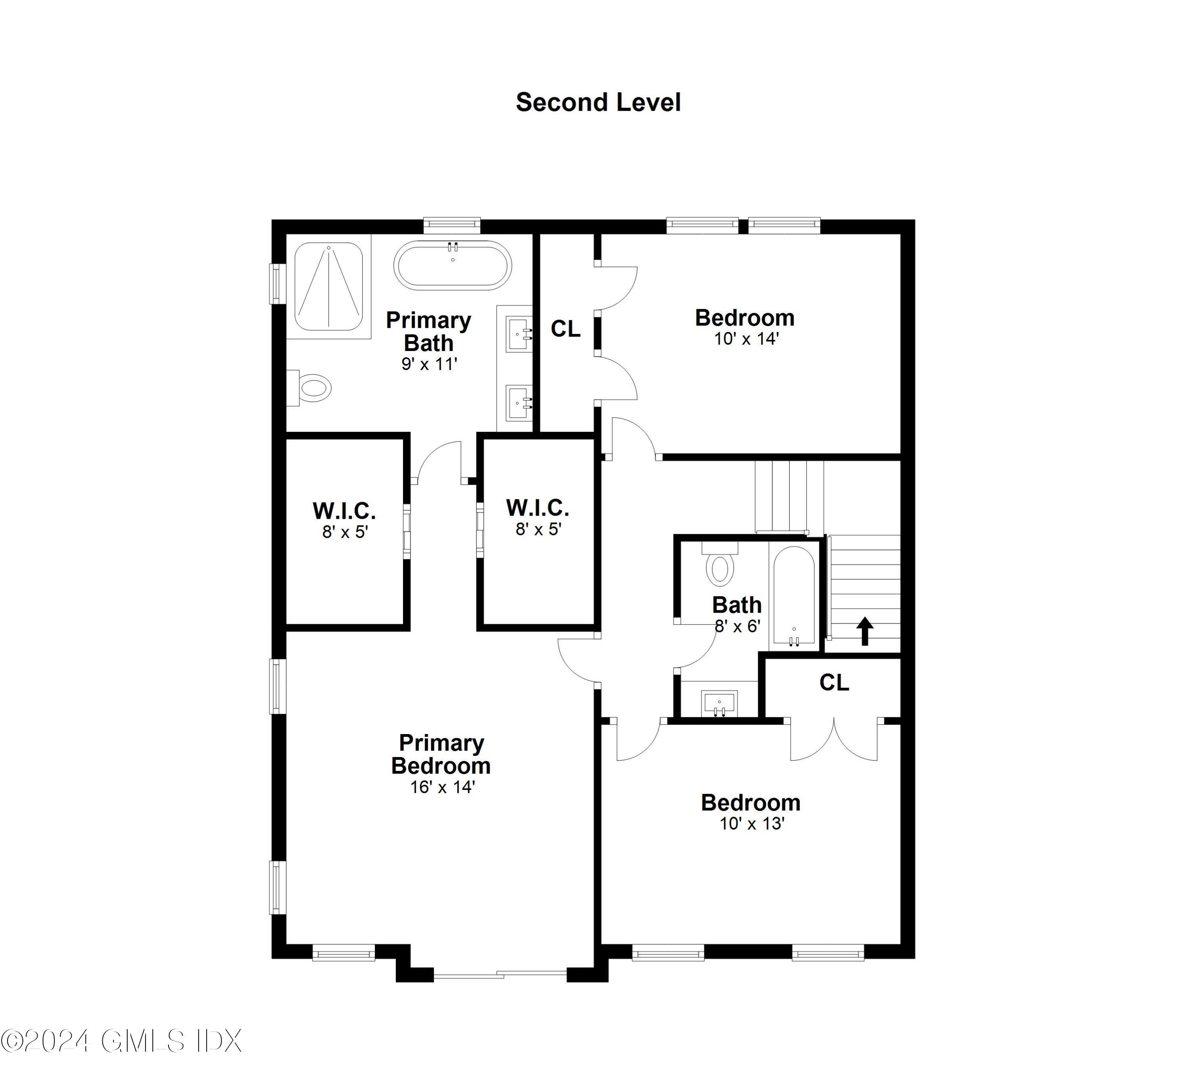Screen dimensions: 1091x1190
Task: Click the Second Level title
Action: tap(598, 103)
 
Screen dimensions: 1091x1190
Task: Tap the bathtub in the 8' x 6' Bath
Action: tap(794, 596)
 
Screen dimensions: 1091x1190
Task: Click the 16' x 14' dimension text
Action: tap(442, 787)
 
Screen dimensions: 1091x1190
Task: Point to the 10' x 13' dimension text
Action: tap(751, 824)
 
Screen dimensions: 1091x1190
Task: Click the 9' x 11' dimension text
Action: tap(429, 364)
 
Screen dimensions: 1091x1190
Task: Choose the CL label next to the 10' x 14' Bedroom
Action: tap(565, 329)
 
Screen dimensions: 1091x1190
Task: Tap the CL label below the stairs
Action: tap(834, 683)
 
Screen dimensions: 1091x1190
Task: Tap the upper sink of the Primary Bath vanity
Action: tap(520, 334)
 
